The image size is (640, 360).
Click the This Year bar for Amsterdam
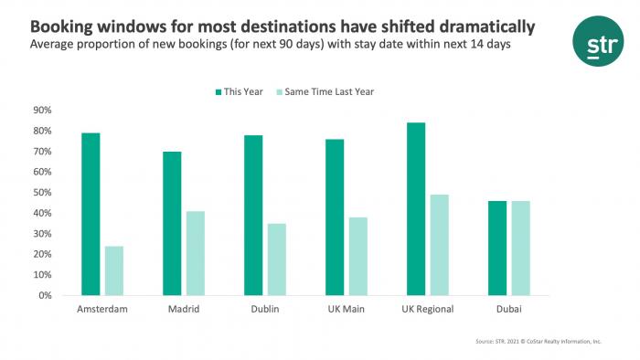[91, 215]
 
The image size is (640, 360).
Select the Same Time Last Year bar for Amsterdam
[114, 270]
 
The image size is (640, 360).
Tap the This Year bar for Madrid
[172, 224]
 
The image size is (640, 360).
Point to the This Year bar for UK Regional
[416, 209]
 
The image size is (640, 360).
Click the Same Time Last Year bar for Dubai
[521, 248]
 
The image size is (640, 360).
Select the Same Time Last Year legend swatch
[281, 90]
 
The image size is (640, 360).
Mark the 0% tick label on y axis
[43, 296]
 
